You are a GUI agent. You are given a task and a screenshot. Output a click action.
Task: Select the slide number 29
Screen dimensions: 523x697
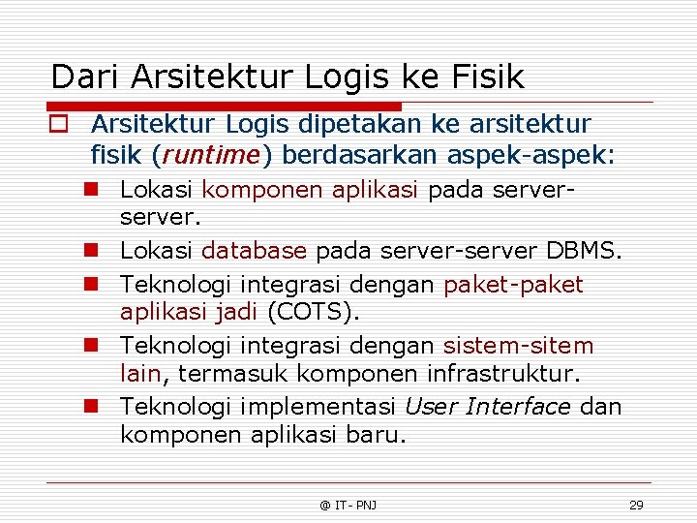636,505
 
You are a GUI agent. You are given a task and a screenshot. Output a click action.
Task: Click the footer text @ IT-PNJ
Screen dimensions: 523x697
348,505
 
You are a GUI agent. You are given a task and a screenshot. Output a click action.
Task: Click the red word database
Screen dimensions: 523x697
254,252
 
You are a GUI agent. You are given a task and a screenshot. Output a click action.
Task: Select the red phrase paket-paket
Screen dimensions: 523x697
513,285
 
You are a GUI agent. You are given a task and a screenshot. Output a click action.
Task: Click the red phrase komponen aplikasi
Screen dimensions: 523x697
310,190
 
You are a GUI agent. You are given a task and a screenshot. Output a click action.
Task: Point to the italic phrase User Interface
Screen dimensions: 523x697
487,407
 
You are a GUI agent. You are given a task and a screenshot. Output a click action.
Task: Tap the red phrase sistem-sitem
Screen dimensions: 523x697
518,346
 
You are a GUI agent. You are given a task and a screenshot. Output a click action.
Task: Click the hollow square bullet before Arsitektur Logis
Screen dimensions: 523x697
61,125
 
